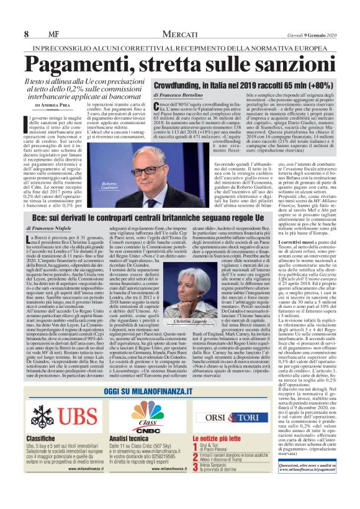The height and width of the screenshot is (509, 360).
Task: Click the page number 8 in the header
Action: (28, 33)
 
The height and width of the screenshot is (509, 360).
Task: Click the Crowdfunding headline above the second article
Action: (233, 84)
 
